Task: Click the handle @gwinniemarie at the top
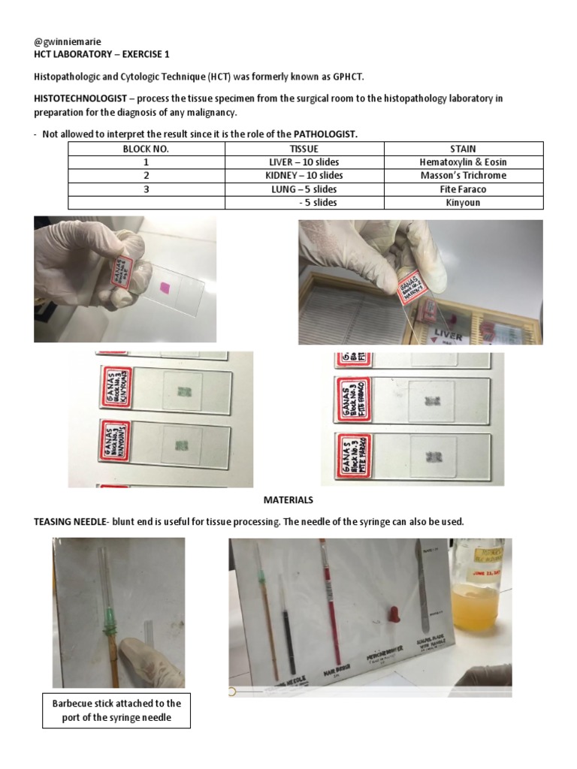pos(68,41)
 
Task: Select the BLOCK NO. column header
pos(146,149)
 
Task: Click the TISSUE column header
pos(304,149)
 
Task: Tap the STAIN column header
pos(463,149)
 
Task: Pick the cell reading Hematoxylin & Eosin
pos(463,162)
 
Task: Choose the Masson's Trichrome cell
pos(463,176)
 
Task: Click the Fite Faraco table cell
pos(463,189)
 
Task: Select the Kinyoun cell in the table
pos(463,203)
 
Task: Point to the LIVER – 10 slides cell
pos(304,162)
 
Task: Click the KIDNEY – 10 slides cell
pos(304,176)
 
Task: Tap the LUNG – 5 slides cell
pos(304,189)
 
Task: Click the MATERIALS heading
pos(288,500)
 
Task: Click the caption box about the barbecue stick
pos(116,710)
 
